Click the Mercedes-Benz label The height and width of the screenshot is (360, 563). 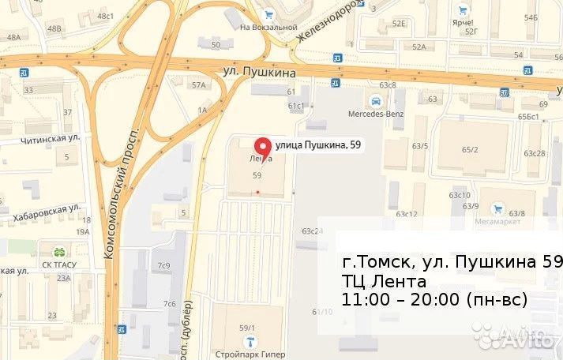[377, 113]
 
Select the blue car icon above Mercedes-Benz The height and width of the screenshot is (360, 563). [377, 100]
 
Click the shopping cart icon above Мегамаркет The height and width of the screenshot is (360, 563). [497, 209]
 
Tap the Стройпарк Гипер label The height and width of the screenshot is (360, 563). [250, 354]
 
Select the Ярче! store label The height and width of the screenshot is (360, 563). [463, 23]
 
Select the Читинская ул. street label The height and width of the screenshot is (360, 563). [52, 137]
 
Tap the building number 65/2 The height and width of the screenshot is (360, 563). [471, 149]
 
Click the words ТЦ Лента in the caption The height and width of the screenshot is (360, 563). [385, 282]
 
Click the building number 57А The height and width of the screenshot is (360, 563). [198, 84]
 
